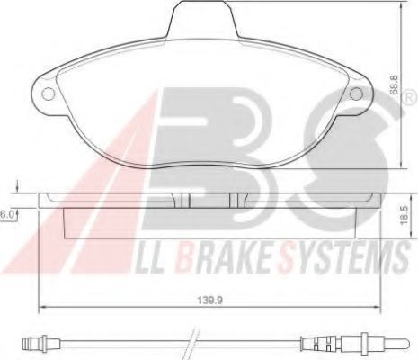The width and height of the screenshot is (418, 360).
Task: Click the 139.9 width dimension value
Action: click(209, 300)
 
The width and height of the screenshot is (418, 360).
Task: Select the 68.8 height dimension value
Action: click(395, 85)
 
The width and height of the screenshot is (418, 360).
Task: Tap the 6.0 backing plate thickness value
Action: click(6, 214)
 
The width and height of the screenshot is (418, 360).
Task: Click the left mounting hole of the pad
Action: click(49, 94)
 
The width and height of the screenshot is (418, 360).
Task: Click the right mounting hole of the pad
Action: click(356, 94)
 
